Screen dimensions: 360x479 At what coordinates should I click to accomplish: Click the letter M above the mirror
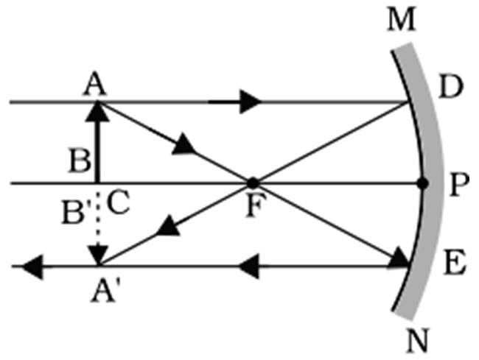[x=402, y=20]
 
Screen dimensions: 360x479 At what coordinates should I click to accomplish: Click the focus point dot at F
[x=253, y=182]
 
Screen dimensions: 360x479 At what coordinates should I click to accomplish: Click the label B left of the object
[x=78, y=160]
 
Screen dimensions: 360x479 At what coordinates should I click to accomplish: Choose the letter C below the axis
[x=118, y=201]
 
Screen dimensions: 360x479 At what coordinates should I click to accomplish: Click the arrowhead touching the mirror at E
[x=400, y=257]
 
